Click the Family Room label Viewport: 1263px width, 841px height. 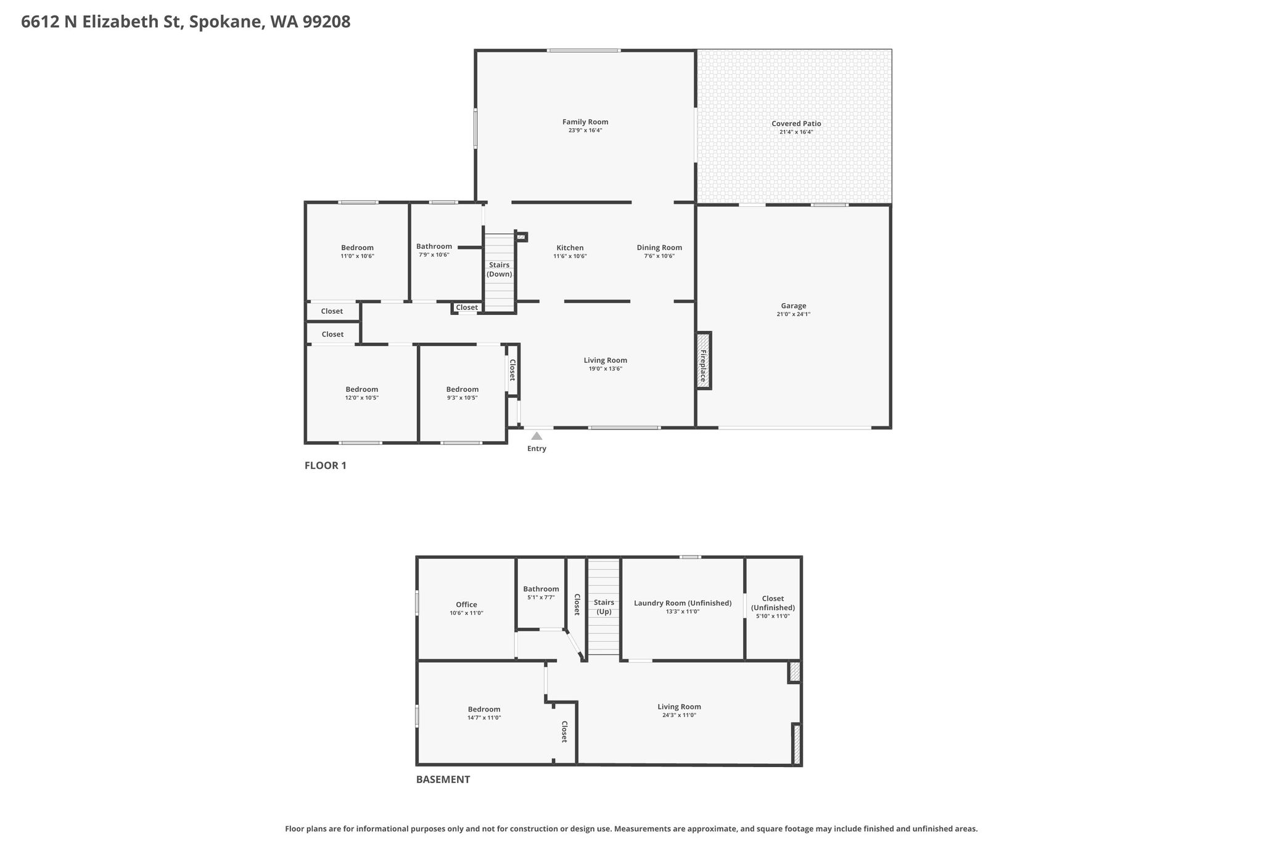click(585, 122)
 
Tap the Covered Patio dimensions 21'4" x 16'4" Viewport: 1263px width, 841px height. click(796, 132)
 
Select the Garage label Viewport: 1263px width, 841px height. click(794, 306)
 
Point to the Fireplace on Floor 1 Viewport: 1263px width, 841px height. click(704, 360)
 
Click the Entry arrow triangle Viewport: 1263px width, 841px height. click(537, 436)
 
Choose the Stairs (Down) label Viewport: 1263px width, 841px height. click(500, 269)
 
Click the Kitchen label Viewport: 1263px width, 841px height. click(570, 248)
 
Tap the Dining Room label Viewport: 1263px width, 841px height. click(659, 248)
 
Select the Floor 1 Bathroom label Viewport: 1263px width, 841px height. click(434, 246)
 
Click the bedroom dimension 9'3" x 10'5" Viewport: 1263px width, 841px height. click(463, 398)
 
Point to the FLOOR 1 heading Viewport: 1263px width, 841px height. click(326, 466)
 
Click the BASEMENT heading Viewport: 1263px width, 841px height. click(443, 779)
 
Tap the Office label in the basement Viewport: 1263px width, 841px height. click(466, 605)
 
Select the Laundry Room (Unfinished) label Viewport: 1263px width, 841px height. click(683, 603)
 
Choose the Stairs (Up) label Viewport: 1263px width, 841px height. click(604, 607)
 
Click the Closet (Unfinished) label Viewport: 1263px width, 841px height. click(773, 603)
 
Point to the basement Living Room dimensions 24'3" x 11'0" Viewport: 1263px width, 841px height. click(679, 715)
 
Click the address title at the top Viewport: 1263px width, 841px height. click(186, 22)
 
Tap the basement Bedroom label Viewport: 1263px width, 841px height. click(484, 709)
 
